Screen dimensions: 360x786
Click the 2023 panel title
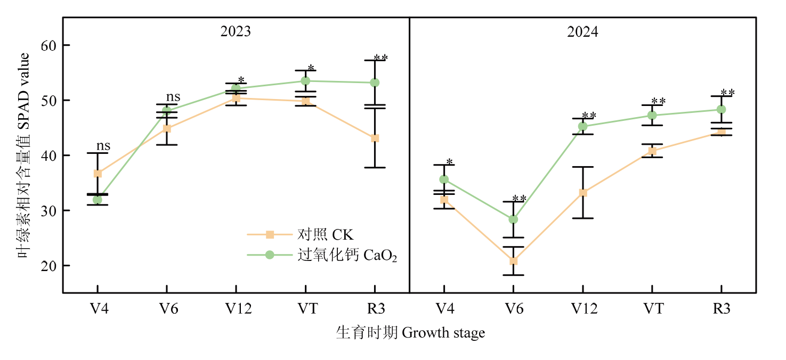coord(236,31)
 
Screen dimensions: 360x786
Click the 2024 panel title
coord(582,31)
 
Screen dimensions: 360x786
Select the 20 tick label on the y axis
coord(48,266)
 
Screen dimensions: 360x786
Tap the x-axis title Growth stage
coord(410,333)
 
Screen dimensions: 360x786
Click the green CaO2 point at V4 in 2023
coord(98,200)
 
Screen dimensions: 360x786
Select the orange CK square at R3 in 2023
coord(375,138)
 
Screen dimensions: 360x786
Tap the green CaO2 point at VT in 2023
coord(305,81)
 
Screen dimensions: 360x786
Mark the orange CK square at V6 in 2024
coord(513,261)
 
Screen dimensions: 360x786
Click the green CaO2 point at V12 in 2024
coord(582,126)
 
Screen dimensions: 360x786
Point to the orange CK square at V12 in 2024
coord(582,192)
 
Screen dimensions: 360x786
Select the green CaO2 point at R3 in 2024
coord(721,110)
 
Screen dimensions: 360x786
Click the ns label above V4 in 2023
coord(103,146)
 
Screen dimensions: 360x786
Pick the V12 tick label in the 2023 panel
coord(236,308)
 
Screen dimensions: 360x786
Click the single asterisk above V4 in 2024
coord(450,162)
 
